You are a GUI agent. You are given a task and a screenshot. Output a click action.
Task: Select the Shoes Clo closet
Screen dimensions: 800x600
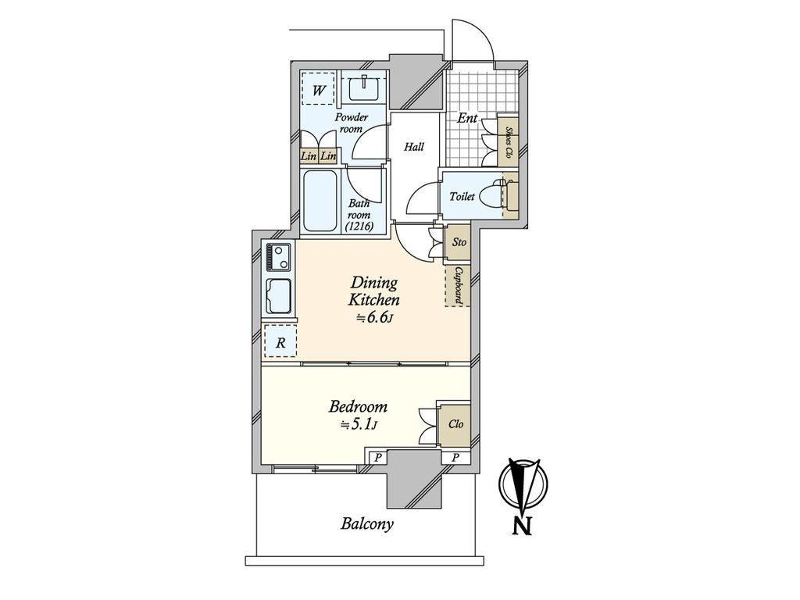pyautogui.click(x=508, y=141)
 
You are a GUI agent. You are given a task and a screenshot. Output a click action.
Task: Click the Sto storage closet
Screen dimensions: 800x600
pyautogui.click(x=458, y=242)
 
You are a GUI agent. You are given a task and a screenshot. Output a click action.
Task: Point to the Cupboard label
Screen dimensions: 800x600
pyautogui.click(x=459, y=285)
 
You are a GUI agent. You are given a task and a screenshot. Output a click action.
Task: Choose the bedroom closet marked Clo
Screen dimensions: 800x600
pyautogui.click(x=455, y=424)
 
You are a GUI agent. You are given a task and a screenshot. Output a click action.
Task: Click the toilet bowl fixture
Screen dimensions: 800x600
pyautogui.click(x=492, y=196)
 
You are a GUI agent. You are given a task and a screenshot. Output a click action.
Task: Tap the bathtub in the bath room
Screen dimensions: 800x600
pyautogui.click(x=320, y=201)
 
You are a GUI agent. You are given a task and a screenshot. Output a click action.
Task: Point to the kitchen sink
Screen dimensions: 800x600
pyautogui.click(x=279, y=296)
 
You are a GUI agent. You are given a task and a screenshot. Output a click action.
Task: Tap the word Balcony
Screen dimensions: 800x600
pyautogui.click(x=367, y=524)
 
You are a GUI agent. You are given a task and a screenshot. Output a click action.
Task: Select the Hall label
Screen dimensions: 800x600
pyautogui.click(x=414, y=147)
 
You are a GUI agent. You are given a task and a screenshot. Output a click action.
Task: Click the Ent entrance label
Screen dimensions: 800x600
pyautogui.click(x=467, y=119)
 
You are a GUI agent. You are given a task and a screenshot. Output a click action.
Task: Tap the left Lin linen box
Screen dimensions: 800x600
pyautogui.click(x=309, y=156)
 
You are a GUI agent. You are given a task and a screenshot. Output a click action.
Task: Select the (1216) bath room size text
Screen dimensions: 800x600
pyautogui.click(x=359, y=226)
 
